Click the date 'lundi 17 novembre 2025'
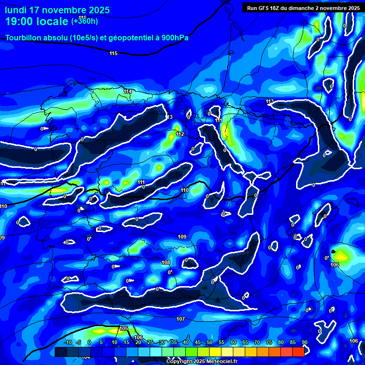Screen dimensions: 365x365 pyautogui.click(x=57, y=10)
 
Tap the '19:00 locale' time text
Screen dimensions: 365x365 pyautogui.click(x=37, y=21)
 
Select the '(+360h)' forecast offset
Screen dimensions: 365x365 pyautogui.click(x=85, y=21)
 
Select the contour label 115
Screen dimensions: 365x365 pyautogui.click(x=113, y=54)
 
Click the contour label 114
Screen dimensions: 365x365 pyautogui.click(x=127, y=91)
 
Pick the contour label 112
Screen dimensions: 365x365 pyautogui.click(x=180, y=134)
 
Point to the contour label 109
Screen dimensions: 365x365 pyautogui.click(x=182, y=237)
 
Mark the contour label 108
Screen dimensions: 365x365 pyautogui.click(x=166, y=262)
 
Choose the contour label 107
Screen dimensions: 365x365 pyautogui.click(x=180, y=319)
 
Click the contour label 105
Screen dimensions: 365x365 pyautogui.click(x=124, y=329)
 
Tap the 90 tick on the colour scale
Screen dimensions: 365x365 pyautogui.click(x=304, y=343)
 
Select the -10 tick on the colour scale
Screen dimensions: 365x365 pyautogui.click(x=67, y=343)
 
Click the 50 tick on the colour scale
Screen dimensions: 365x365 pyautogui.click(x=209, y=343)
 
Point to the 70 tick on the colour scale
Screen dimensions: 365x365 pyautogui.click(x=257, y=343)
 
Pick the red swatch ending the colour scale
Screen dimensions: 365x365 pyautogui.click(x=298, y=352)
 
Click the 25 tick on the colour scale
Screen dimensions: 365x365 pyautogui.click(x=150, y=343)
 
